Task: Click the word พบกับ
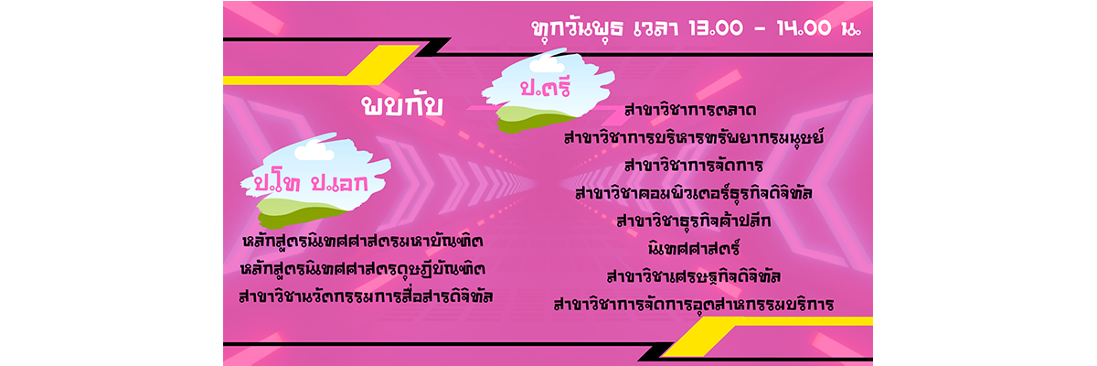(x=402, y=106)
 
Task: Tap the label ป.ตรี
(x=545, y=87)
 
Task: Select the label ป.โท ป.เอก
(x=311, y=182)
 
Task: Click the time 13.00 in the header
(x=716, y=28)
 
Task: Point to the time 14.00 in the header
(x=804, y=28)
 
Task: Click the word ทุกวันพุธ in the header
(x=577, y=29)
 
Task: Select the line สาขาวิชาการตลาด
(x=690, y=109)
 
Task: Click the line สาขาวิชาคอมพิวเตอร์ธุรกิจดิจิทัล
(x=694, y=192)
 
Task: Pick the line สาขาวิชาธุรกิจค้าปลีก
(x=694, y=221)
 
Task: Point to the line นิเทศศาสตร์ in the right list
(x=694, y=248)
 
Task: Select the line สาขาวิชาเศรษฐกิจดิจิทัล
(x=694, y=276)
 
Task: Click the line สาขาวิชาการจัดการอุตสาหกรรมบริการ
(x=694, y=304)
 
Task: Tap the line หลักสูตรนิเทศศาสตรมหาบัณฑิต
(x=363, y=241)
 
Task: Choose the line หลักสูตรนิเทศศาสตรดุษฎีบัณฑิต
(x=363, y=268)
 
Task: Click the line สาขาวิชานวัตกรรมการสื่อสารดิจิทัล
(x=366, y=296)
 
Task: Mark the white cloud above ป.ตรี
(x=547, y=64)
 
